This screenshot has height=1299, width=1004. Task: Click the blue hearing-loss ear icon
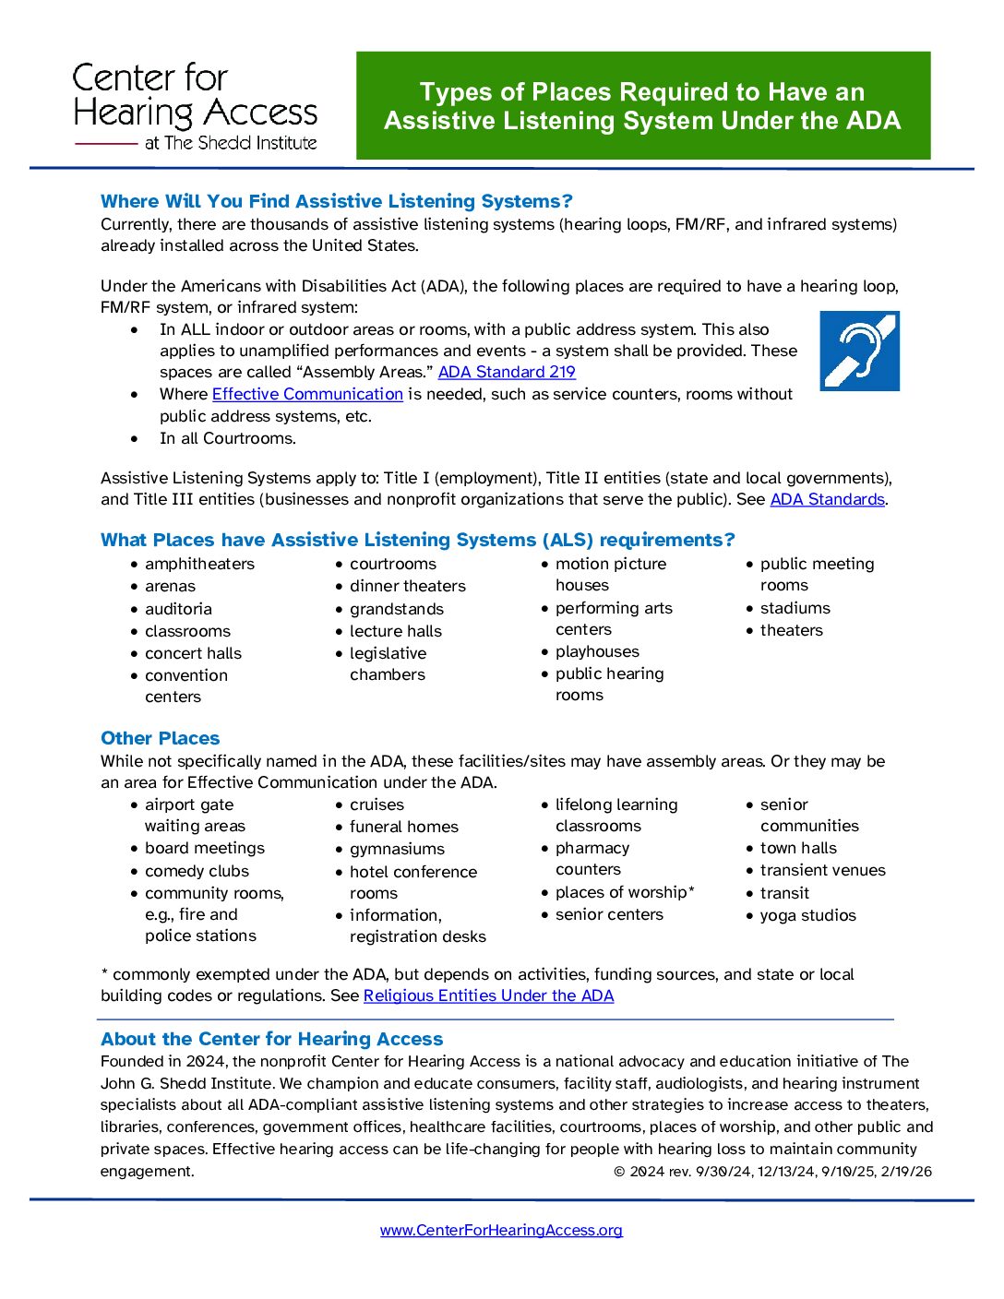point(859,351)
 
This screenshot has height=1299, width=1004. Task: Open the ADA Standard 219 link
point(507,372)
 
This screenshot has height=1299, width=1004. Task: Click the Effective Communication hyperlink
point(307,394)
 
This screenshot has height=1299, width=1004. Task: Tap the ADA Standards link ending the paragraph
point(827,499)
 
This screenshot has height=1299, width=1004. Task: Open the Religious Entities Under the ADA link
point(488,995)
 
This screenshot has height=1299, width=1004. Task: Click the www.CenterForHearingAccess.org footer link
point(501,1230)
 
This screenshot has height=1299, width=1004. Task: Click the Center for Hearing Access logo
point(196,107)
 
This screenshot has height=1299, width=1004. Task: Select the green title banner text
point(642,106)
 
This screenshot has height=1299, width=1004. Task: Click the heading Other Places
point(161,738)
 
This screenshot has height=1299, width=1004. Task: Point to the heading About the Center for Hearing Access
point(272,1039)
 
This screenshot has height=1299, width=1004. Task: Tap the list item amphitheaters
point(199,564)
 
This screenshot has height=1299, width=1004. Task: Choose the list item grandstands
point(397,609)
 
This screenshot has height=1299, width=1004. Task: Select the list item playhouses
point(597,651)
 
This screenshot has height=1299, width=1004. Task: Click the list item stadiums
point(795,608)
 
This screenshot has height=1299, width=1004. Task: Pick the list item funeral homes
point(403,827)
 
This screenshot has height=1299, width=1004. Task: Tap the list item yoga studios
point(807,915)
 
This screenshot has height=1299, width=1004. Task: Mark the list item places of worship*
point(625,892)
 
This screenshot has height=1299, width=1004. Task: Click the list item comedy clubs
point(197,871)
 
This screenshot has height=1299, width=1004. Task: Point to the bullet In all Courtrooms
point(228,438)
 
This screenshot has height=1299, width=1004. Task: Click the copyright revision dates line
point(772,1172)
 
